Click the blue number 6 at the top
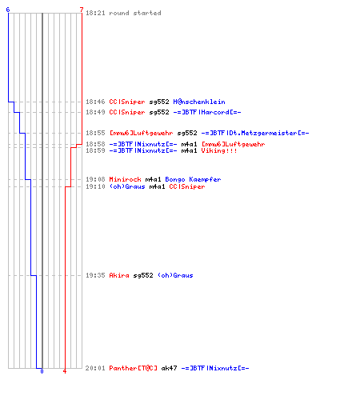(x=8, y=10)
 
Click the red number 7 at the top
(x=82, y=10)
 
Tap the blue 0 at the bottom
(x=42, y=371)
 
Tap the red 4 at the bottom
(x=65, y=371)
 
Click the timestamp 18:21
(x=95, y=13)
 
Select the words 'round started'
(x=135, y=13)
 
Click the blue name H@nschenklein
(x=199, y=102)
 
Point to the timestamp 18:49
(x=95, y=112)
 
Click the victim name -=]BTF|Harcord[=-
(x=207, y=112)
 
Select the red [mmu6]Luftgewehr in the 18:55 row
(x=141, y=133)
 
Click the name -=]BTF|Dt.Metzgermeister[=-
(x=255, y=133)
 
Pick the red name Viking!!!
(x=219, y=150)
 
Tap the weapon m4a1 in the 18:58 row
(x=189, y=144)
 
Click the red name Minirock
(x=125, y=179)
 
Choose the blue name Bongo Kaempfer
(x=193, y=179)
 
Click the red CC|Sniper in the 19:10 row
(x=187, y=186)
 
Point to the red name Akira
(x=119, y=275)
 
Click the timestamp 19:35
(x=95, y=275)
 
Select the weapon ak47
(x=169, y=368)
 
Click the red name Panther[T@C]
(x=133, y=368)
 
